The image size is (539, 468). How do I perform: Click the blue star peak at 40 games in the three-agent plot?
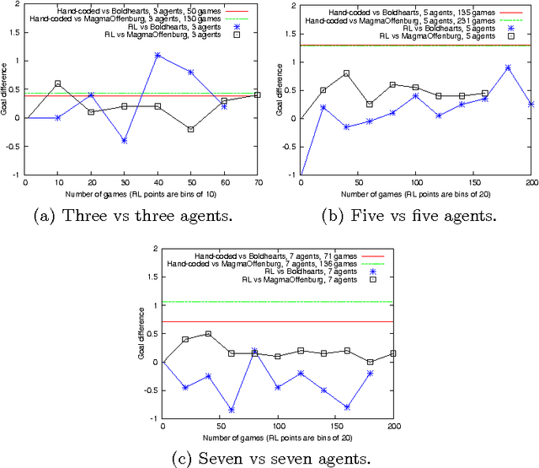coord(157,55)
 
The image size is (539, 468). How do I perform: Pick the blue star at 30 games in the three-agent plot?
coord(125,141)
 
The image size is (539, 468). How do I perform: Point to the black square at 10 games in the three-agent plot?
coord(58,83)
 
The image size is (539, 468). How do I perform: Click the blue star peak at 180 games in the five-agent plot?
coord(508,67)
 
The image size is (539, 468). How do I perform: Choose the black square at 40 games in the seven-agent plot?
coord(209,334)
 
